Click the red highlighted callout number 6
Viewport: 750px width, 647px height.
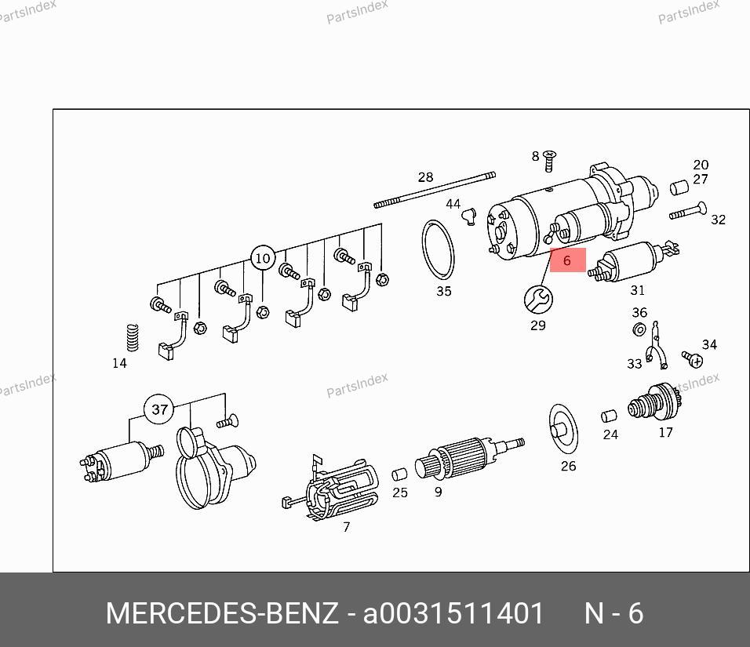click(567, 260)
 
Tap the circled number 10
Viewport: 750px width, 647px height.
click(263, 258)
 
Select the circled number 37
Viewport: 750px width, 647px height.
click(159, 409)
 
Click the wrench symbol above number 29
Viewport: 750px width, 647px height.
click(539, 300)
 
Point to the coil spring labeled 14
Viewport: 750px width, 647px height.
click(133, 337)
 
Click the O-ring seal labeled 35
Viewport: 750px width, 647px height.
click(438, 249)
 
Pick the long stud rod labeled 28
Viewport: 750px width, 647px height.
click(435, 191)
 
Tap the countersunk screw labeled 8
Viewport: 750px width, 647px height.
click(550, 161)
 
